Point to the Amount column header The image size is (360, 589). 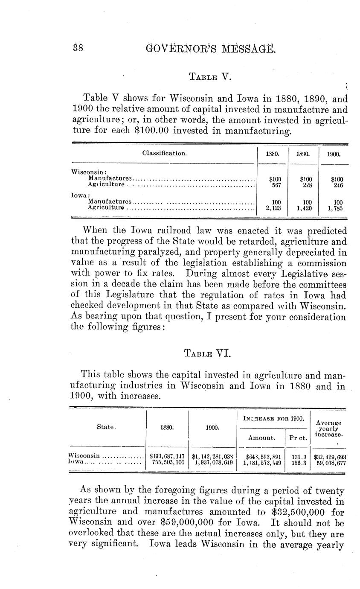point(261,437)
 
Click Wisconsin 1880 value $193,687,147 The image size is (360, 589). point(167,456)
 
